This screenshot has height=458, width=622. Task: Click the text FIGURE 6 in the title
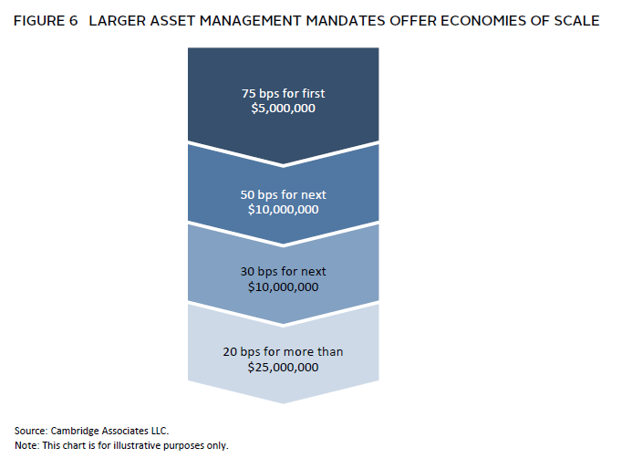point(46,21)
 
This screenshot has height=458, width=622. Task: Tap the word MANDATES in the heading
point(345,21)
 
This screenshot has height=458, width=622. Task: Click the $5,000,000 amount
point(284,109)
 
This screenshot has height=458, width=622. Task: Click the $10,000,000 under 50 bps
point(284,210)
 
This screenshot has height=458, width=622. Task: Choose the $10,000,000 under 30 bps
point(284,287)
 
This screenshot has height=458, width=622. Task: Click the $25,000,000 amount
point(284,367)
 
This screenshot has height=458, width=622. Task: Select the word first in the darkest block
point(314,93)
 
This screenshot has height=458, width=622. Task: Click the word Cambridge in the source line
point(75,431)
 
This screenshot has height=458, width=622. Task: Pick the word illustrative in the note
point(137,446)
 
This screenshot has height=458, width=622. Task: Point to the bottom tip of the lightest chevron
point(284,404)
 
